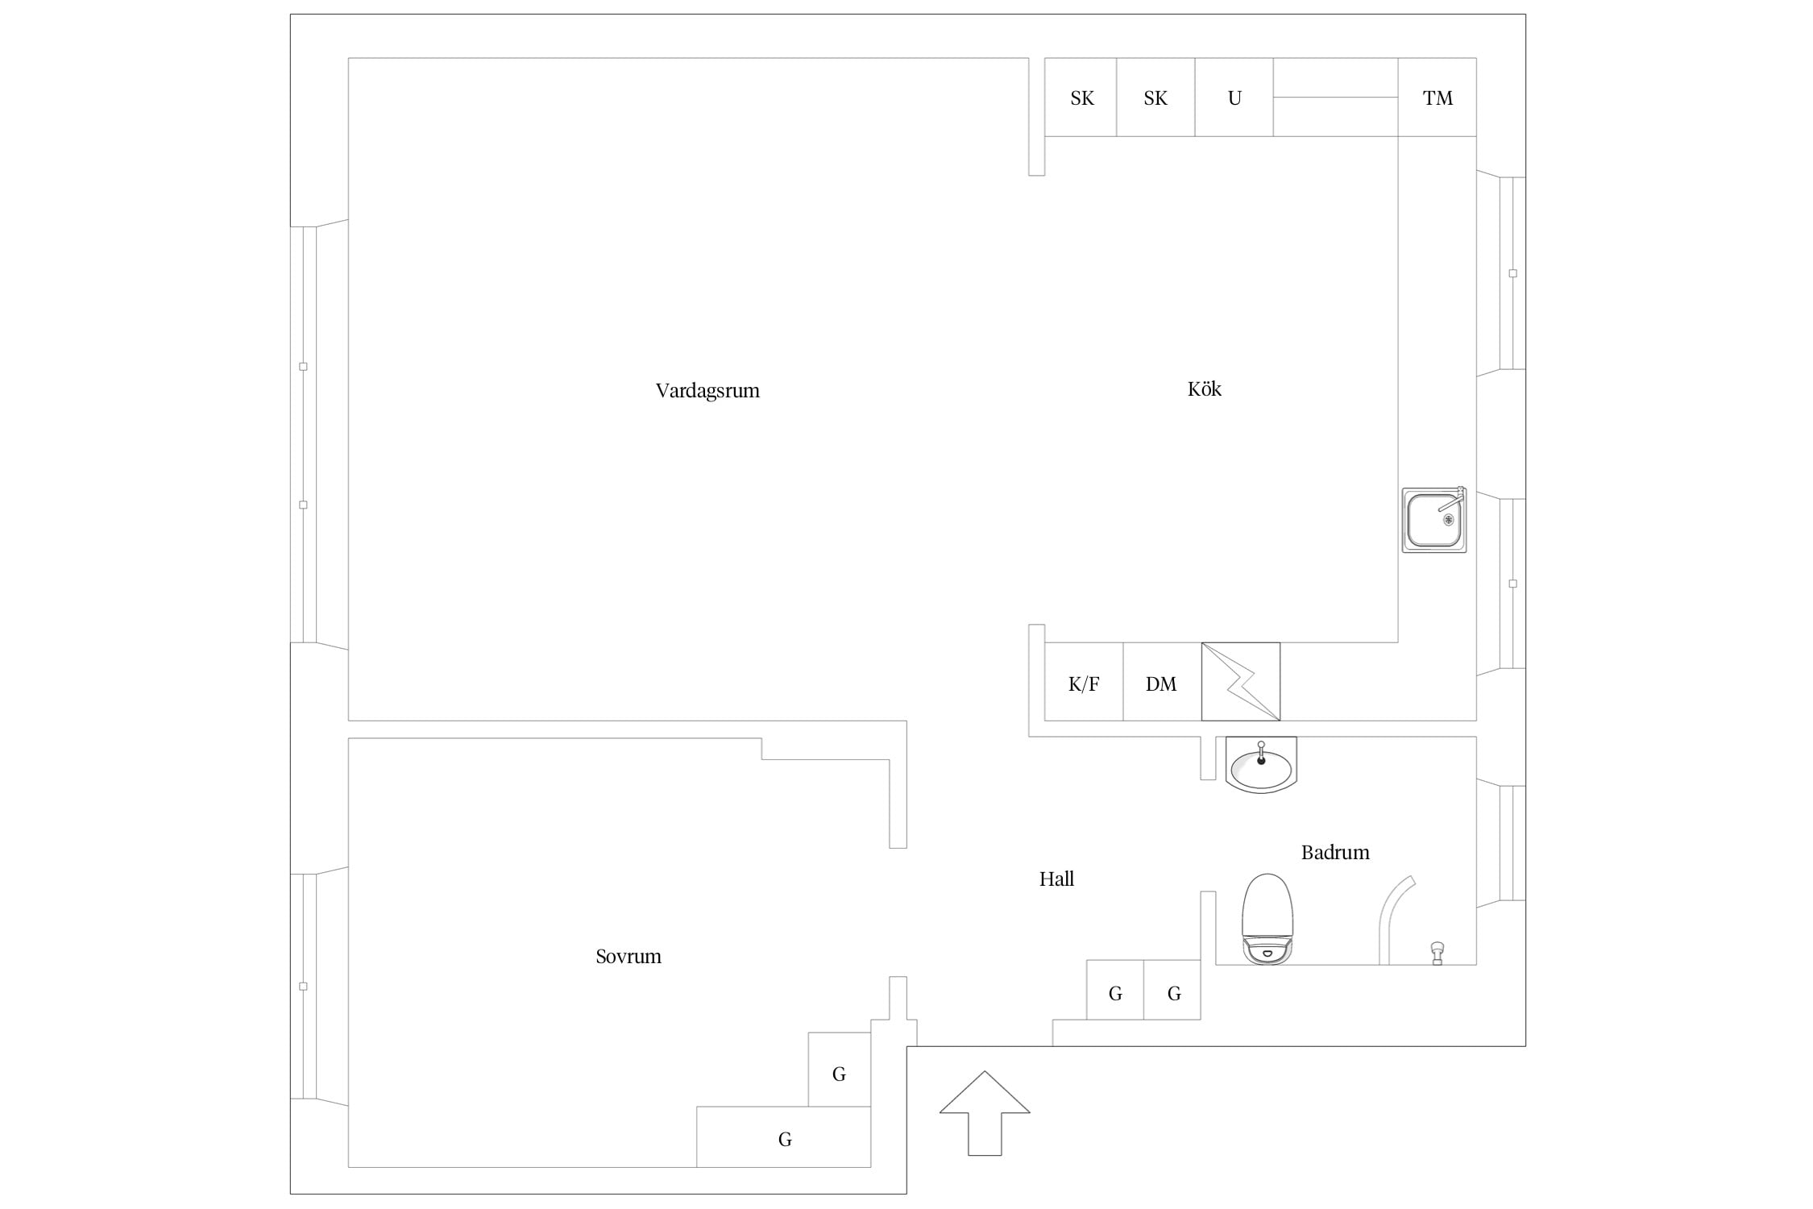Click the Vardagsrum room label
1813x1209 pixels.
707,391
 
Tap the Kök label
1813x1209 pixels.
1205,388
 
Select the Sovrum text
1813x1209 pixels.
629,957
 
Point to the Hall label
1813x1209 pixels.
1056,879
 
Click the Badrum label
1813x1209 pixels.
1335,852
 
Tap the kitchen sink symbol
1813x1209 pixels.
1434,520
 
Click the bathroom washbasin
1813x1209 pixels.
1261,765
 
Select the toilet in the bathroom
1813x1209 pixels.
1267,919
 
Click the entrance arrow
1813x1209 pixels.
985,1113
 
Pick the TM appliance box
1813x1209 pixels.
1438,98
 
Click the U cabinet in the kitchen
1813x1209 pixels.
1234,98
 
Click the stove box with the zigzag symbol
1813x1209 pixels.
1241,682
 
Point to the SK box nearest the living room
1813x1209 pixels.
1081,98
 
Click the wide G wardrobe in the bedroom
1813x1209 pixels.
784,1136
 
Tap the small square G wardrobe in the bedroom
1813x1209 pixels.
840,1070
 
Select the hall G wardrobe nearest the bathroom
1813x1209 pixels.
1172,990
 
